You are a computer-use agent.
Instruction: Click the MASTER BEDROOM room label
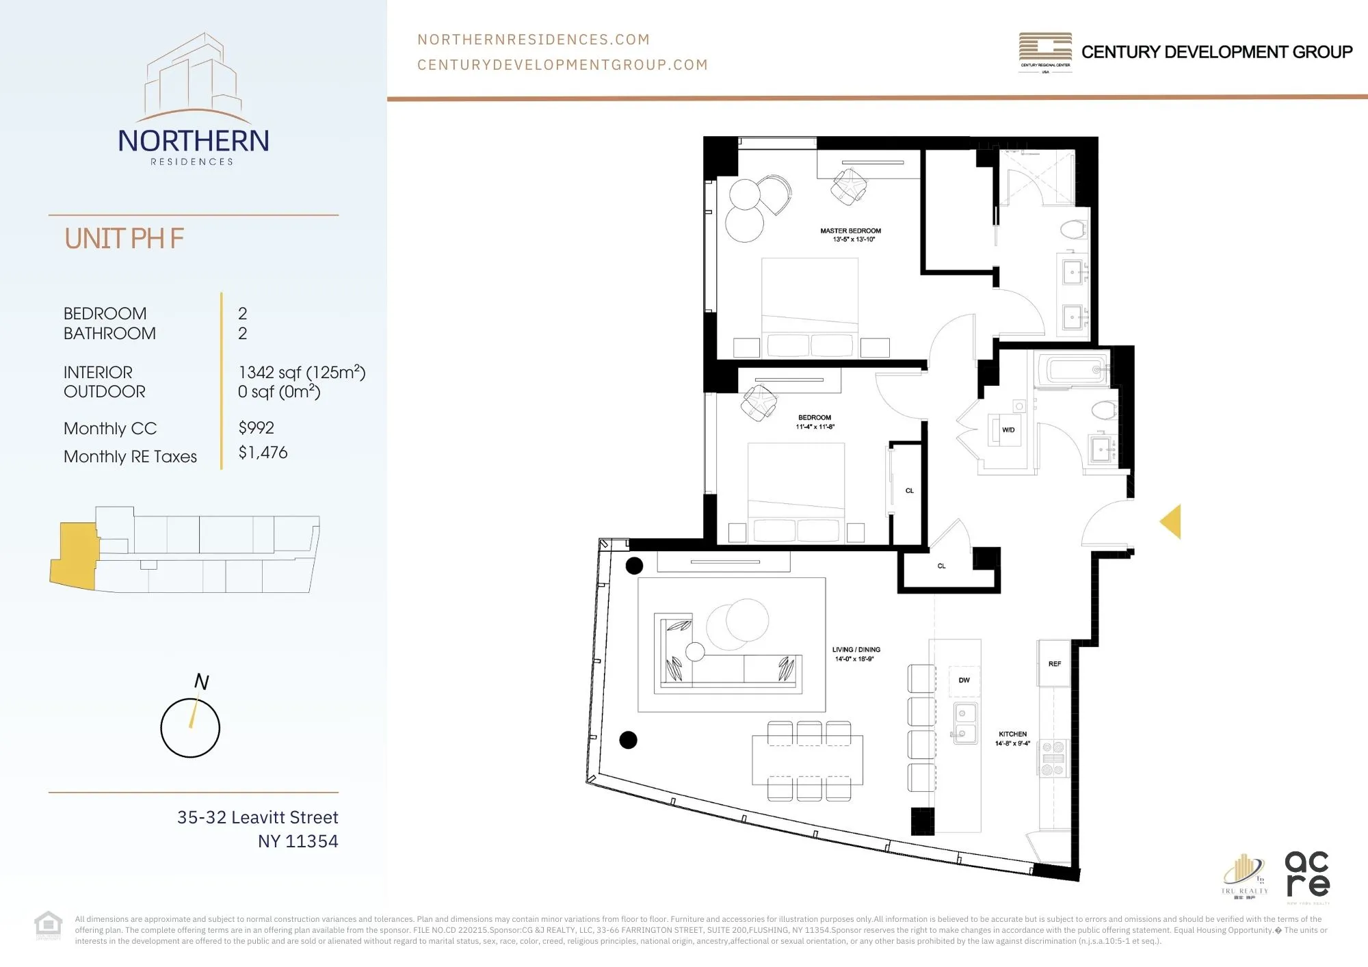click(x=850, y=231)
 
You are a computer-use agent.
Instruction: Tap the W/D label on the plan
click(x=1008, y=430)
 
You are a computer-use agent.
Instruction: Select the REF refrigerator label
click(x=1054, y=664)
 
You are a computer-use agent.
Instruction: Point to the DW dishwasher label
click(x=964, y=680)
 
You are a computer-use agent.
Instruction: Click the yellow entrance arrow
click(x=1172, y=522)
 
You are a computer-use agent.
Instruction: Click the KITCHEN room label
click(x=1012, y=734)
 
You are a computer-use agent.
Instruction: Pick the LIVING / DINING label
click(x=856, y=650)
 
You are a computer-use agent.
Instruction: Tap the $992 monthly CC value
click(x=256, y=428)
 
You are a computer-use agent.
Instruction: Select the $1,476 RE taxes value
click(x=263, y=453)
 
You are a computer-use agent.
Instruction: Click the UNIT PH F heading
click(x=124, y=239)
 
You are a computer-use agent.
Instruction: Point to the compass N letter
click(x=201, y=682)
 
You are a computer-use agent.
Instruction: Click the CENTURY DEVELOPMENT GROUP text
click(x=1216, y=52)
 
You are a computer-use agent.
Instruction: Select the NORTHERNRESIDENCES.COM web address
click(x=534, y=40)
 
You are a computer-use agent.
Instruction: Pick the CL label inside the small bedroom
click(x=909, y=491)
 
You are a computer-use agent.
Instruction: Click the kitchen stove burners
click(x=1053, y=758)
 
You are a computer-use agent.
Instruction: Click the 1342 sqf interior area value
click(x=302, y=373)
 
